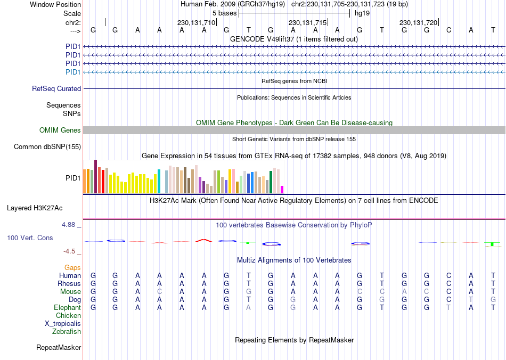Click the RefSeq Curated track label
click(56, 89)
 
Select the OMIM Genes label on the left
click(60, 130)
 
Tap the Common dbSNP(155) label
click(47, 147)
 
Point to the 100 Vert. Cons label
click(30, 238)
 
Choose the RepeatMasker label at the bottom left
click(59, 348)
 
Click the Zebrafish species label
click(67, 332)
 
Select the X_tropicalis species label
click(63, 323)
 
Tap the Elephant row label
click(67, 307)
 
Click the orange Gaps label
click(72, 267)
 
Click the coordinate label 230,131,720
click(418, 22)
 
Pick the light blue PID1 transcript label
click(73, 72)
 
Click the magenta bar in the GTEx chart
click(282, 190)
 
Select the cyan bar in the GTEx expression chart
click(159, 181)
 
